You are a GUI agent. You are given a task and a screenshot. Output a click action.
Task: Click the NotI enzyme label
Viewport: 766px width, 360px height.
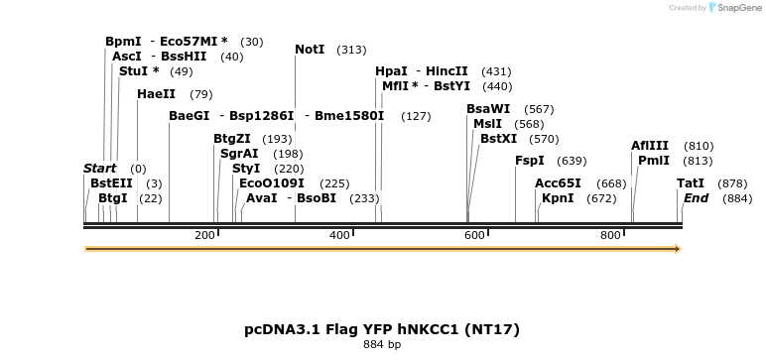click(310, 50)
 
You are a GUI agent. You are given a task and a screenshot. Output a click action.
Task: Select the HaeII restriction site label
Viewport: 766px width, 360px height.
click(156, 94)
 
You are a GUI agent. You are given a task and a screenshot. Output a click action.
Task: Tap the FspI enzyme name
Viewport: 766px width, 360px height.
click(529, 161)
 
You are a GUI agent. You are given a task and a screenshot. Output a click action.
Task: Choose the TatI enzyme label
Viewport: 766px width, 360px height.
click(691, 183)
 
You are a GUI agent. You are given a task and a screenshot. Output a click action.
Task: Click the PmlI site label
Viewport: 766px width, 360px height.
click(654, 161)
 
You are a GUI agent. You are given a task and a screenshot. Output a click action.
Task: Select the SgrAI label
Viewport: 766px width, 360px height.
click(238, 154)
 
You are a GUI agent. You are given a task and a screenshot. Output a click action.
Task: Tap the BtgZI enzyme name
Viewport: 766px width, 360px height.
click(232, 139)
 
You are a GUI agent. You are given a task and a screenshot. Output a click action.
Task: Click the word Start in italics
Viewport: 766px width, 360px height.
click(99, 169)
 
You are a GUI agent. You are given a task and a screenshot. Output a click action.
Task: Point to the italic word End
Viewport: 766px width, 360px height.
click(696, 198)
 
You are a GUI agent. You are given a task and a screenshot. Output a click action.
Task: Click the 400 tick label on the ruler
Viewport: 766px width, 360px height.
click(339, 235)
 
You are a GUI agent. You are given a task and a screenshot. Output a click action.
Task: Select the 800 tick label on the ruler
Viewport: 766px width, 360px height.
click(609, 235)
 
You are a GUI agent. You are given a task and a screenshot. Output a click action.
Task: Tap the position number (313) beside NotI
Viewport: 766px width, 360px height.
click(351, 50)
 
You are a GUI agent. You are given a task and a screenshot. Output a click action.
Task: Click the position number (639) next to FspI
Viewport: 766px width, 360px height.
click(572, 161)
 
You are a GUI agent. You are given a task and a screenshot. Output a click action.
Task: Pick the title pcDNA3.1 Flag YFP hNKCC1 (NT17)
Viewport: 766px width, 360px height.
click(382, 328)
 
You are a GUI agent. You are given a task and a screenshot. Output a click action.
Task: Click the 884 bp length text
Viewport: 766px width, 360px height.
click(382, 345)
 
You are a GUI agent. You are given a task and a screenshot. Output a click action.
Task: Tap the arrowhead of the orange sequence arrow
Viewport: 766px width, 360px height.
click(678, 249)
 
